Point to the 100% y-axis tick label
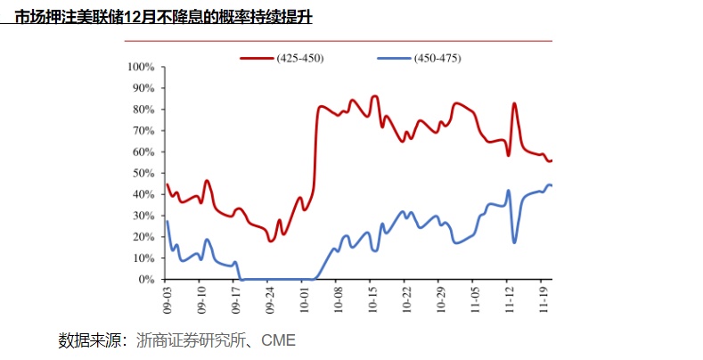(x=142, y=67)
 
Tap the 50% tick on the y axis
(x=144, y=173)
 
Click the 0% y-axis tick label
(x=147, y=280)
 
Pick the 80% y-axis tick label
(x=144, y=110)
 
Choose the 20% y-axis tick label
(x=144, y=237)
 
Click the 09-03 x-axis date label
(x=167, y=296)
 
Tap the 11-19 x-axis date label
(x=544, y=296)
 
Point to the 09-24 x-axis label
(x=270, y=296)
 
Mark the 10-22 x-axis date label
(x=406, y=296)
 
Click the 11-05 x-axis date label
(x=475, y=296)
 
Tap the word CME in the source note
(x=278, y=340)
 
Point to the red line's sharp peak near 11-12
(x=514, y=103)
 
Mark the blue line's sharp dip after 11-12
(x=515, y=242)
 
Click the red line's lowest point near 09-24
(x=271, y=241)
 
